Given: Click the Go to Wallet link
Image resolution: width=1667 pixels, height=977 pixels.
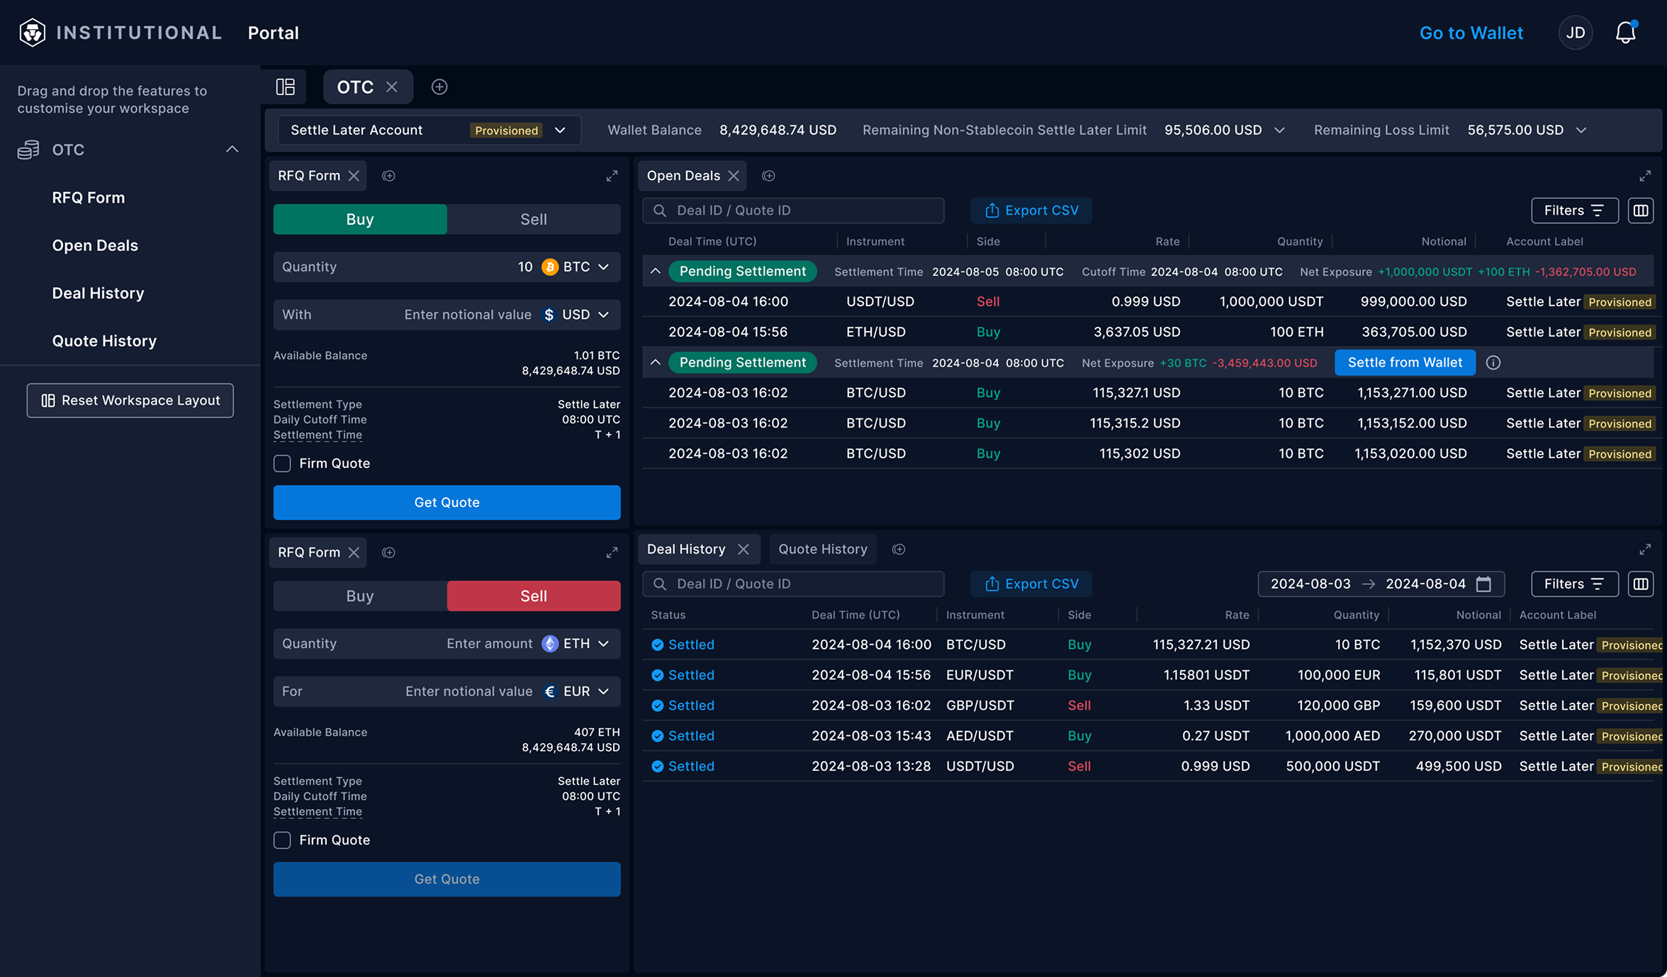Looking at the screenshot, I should tap(1471, 33).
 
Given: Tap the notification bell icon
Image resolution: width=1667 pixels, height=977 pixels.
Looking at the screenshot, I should tap(1625, 33).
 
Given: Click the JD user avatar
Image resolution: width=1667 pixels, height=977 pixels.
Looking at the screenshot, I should tap(1575, 33).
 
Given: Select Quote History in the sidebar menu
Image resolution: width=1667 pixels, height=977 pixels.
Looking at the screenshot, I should tap(104, 341).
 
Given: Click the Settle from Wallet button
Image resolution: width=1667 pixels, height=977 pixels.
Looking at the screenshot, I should tap(1404, 362).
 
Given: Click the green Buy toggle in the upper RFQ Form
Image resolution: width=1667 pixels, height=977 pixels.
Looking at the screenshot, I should tap(360, 219).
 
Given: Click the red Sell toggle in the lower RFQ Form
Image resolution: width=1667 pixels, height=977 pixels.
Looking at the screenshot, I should tap(533, 596).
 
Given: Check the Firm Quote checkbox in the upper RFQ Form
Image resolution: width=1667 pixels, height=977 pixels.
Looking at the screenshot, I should tap(282, 464).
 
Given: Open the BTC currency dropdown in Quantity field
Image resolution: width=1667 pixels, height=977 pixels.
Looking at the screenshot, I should tap(577, 267).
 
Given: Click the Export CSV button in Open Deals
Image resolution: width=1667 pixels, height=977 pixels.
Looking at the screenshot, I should tap(1031, 211).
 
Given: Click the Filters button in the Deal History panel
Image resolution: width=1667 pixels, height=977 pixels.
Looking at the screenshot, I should tap(1574, 584).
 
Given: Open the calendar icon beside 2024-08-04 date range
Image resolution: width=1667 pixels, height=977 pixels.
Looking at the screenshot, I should tap(1483, 584).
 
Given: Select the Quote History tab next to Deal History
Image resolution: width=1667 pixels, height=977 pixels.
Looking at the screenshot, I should tap(822, 549).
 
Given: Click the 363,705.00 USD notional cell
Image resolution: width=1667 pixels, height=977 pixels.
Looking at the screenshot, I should tap(1413, 332).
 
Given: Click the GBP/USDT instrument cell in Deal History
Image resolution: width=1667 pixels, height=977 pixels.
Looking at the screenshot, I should tap(980, 705).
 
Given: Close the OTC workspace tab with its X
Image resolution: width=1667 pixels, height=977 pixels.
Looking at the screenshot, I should tap(392, 86).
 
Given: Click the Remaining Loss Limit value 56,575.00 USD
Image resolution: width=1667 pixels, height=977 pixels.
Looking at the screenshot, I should tap(1515, 130).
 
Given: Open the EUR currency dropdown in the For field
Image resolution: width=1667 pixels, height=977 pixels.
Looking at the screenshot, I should tap(577, 691).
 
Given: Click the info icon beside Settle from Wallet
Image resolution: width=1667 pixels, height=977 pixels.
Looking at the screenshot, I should tap(1493, 362).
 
